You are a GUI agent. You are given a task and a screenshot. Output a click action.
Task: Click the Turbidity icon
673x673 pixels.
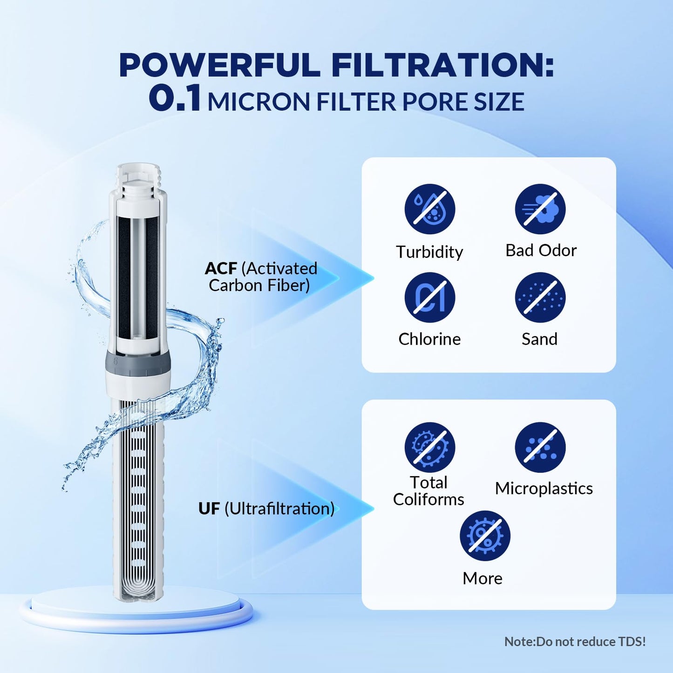(x=429, y=209)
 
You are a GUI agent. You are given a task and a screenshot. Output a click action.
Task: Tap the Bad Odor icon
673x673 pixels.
(x=540, y=209)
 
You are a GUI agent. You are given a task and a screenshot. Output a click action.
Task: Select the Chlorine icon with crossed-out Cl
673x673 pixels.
(x=429, y=298)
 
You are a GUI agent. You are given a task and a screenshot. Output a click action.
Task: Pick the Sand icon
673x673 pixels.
(x=540, y=298)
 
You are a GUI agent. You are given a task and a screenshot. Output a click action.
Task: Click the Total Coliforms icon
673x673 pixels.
(x=429, y=448)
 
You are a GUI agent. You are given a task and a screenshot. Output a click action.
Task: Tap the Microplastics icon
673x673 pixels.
(x=540, y=448)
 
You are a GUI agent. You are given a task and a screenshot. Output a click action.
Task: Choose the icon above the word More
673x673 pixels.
(x=485, y=536)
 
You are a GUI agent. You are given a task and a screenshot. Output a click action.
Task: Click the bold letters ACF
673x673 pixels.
(x=221, y=269)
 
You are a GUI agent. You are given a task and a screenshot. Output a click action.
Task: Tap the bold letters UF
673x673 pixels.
(x=209, y=509)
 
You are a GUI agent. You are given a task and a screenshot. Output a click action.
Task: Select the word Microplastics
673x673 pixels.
(x=544, y=489)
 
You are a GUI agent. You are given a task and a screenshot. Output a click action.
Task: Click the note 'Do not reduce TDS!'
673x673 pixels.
(x=575, y=642)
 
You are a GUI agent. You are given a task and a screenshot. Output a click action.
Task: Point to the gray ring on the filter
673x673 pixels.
(x=138, y=362)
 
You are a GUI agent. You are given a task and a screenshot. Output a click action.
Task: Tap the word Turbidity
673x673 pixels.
(x=429, y=252)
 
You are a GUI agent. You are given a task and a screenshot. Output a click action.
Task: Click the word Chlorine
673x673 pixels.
(x=429, y=339)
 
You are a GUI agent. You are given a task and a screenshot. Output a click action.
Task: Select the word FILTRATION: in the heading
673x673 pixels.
(x=442, y=65)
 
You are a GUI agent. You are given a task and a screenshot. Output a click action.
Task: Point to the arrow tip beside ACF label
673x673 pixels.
(x=373, y=279)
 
